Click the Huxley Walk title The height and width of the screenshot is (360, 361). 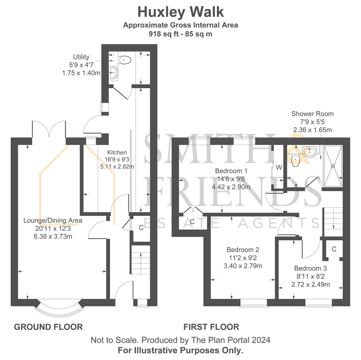pos(180,12)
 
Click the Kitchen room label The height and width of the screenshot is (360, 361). pos(117,152)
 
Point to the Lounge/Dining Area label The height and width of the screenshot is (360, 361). pos(53,220)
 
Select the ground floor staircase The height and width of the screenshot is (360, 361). pos(140,260)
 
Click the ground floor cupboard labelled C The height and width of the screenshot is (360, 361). pos(141,228)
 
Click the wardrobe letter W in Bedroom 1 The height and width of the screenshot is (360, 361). pos(279,167)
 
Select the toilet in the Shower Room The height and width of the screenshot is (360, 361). pos(295,161)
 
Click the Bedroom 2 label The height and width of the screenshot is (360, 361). pos(243,250)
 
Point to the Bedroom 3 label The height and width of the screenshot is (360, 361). pos(310,268)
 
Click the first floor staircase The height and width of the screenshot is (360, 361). pos(333,219)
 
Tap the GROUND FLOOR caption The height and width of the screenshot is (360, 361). pos(48,327)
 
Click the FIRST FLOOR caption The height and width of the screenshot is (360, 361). pos(211,327)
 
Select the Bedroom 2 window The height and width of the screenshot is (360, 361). pos(254,302)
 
